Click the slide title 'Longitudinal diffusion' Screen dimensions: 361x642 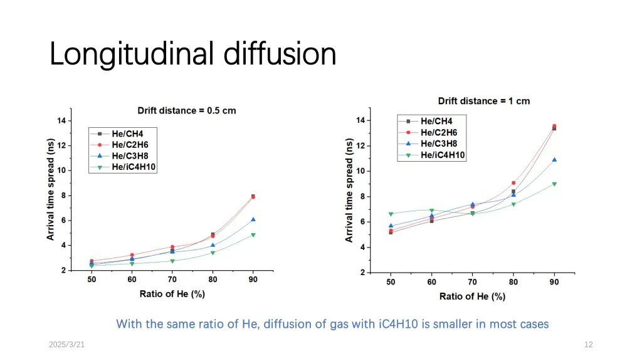192,54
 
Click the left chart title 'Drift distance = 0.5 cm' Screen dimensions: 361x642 187,111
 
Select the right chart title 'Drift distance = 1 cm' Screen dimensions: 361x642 483,101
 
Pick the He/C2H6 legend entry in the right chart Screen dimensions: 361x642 439,132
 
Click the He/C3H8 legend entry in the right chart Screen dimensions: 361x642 439,144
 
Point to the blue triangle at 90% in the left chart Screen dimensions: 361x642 253,219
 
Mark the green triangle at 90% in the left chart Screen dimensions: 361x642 253,235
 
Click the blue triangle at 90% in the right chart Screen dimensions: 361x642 554,160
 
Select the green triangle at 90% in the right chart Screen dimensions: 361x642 554,184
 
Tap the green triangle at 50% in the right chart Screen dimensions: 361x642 391,214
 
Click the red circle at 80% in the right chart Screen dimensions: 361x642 513,183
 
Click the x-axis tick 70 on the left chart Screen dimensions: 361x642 172,280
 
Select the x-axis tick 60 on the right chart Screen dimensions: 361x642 431,282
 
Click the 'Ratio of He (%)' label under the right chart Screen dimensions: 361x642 472,296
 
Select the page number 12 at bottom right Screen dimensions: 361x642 588,344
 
